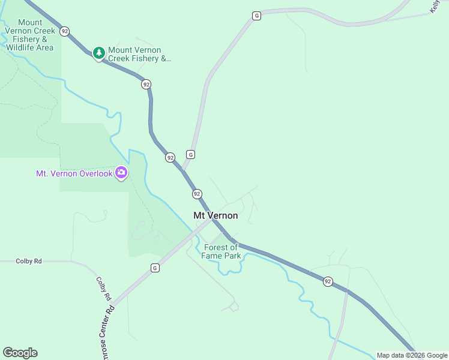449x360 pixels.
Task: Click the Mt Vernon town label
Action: click(215, 215)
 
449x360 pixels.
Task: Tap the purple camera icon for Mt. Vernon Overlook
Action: click(121, 173)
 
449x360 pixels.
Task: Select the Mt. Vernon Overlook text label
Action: click(74, 173)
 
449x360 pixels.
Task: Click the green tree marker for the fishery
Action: click(98, 54)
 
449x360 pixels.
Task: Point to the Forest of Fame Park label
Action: click(222, 251)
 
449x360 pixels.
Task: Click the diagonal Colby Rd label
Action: click(104, 289)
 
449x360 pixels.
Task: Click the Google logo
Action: click(20, 353)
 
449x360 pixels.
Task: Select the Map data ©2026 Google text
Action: click(412, 355)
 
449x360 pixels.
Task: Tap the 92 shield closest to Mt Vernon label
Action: click(197, 194)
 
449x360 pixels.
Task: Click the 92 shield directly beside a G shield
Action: click(170, 157)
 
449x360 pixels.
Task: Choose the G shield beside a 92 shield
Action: click(190, 154)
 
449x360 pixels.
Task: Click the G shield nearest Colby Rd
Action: click(155, 268)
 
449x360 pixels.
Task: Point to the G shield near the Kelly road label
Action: click(256, 16)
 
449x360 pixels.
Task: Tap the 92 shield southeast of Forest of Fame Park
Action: click(328, 281)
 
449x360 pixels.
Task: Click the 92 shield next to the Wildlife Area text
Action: click(65, 31)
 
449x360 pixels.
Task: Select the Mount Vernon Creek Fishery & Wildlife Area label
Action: click(30, 35)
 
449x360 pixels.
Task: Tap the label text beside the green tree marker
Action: click(140, 55)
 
